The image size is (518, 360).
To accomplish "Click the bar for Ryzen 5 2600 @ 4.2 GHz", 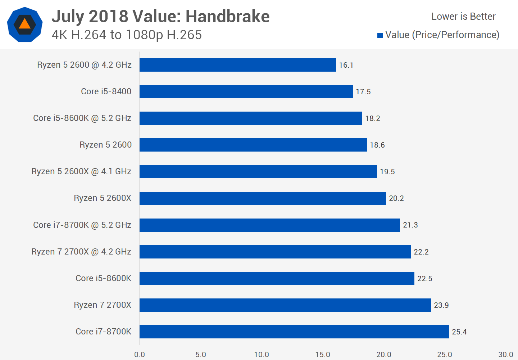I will pos(237,65).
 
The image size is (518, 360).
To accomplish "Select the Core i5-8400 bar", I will pos(246,92).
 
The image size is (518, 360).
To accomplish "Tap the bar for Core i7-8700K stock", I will pos(294,332).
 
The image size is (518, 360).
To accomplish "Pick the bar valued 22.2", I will pos(275,252).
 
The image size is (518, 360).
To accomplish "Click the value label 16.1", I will pos(346,65).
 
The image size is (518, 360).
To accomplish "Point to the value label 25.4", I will pos(459,332).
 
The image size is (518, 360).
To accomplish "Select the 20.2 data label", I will pos(396,198).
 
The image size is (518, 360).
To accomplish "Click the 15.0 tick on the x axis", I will pos(323,355).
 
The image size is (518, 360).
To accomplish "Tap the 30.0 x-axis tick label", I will pos(505,355).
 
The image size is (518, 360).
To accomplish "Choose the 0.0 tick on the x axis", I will pos(140,355).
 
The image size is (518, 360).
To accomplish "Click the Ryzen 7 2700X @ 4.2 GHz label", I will pos(81,252).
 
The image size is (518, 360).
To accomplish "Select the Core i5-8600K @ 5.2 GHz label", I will pos(82,118).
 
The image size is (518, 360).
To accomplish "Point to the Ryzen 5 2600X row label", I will pos(103,198).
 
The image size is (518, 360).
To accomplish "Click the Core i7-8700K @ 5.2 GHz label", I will pos(82,225).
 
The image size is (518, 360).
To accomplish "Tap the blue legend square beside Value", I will pos(380,35).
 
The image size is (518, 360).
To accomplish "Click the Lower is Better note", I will pos(463,17).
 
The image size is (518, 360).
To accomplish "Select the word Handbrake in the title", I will pos(227,17).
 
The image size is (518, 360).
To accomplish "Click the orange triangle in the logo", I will pos(24,24).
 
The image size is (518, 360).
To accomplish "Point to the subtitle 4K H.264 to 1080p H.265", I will pos(127,35).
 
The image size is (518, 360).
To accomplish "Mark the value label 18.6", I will pos(377,145).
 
